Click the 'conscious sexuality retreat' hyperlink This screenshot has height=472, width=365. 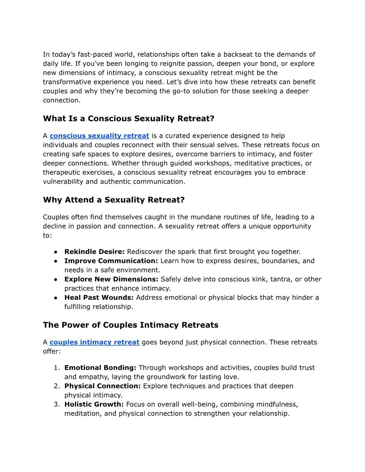click(x=99, y=135)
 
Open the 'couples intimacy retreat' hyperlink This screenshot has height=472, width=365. click(x=94, y=342)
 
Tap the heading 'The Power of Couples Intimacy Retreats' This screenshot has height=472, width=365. click(x=131, y=325)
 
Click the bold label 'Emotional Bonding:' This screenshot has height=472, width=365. click(x=100, y=367)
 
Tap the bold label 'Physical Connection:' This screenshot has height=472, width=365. click(x=102, y=386)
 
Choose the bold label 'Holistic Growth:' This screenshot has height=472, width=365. click(x=94, y=404)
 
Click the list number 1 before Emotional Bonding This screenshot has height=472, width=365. click(x=57, y=367)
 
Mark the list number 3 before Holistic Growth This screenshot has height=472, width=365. click(x=57, y=404)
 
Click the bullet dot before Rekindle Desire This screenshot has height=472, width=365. click(x=56, y=252)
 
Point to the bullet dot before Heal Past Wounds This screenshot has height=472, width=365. click(x=56, y=297)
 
